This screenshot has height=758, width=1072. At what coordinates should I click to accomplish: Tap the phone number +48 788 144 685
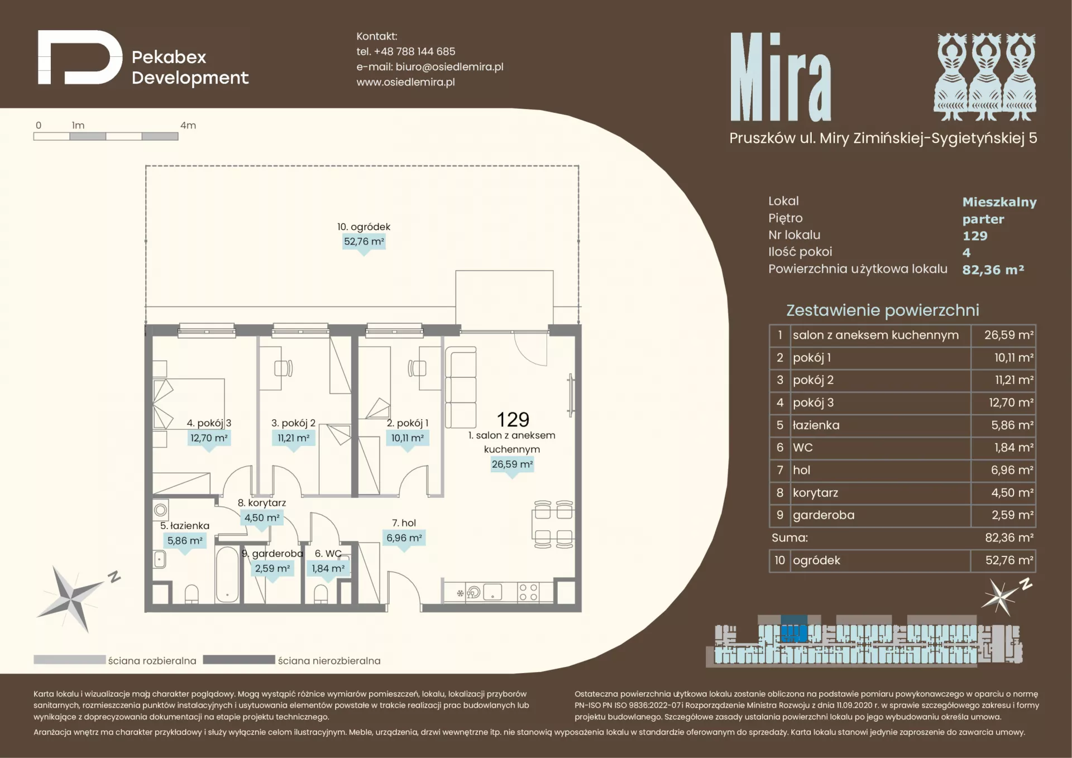[x=414, y=51]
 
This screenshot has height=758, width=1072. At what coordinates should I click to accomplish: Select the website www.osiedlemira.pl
[x=405, y=82]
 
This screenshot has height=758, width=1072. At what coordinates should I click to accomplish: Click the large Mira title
[x=781, y=76]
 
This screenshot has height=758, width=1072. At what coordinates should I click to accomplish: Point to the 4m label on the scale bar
[x=188, y=126]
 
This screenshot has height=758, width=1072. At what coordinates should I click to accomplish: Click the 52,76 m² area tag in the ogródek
[x=364, y=242]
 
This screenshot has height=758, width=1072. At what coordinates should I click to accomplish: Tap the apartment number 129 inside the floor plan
[x=513, y=419]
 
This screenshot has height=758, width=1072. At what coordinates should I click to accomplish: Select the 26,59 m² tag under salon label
[x=512, y=464]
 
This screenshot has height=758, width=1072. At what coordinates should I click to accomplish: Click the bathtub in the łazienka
[x=227, y=574]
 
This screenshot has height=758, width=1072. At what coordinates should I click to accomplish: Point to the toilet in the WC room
[x=321, y=594]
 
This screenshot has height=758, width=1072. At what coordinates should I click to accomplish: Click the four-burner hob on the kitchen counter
[x=528, y=592]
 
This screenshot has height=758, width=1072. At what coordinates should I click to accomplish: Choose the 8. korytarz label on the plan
[x=262, y=502]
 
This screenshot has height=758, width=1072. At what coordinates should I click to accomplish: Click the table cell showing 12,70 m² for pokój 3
[x=1003, y=402]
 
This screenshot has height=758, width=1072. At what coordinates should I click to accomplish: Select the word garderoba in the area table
[x=824, y=515]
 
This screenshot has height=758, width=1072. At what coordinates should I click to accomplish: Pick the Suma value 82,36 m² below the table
[x=1009, y=538]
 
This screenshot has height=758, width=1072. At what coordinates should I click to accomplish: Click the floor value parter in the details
[x=983, y=219]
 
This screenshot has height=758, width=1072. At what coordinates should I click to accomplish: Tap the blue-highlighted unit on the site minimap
[x=794, y=630]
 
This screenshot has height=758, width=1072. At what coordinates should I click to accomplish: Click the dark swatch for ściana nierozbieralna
[x=239, y=660]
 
